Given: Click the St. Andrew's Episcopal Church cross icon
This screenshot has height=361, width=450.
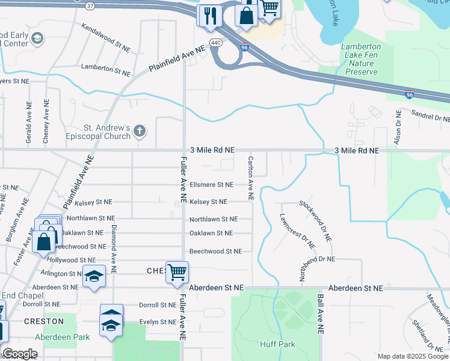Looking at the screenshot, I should pyautogui.click(x=140, y=131).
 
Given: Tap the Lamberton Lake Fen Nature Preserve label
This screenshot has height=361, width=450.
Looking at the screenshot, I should pyautogui.click(x=361, y=59).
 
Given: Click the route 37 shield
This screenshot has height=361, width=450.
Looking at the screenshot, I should pyautogui.click(x=90, y=5).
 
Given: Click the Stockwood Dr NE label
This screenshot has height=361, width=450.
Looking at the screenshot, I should pyautogui.click(x=316, y=221).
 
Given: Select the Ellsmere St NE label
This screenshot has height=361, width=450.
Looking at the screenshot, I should pyautogui.click(x=211, y=185).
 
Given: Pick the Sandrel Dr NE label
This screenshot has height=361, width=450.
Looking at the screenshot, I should pyautogui.click(x=430, y=116).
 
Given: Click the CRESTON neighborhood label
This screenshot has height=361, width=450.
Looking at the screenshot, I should pyautogui.click(x=44, y=321).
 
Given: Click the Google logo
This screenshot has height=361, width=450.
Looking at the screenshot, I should pyautogui.click(x=19, y=354).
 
